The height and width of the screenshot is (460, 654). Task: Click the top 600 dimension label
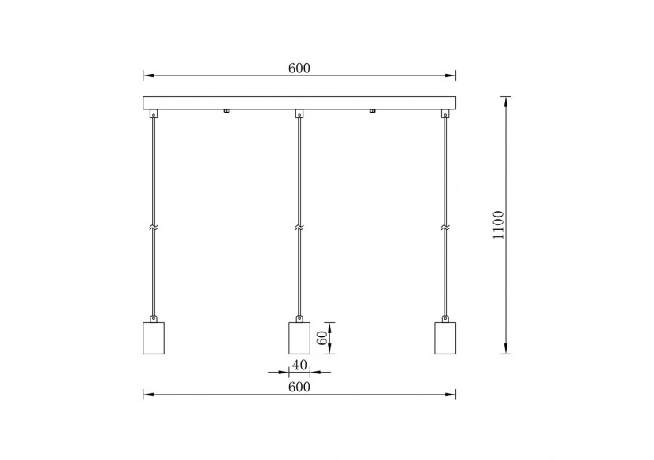pyautogui.click(x=299, y=68)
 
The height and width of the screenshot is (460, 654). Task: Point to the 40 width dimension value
pyautogui.click(x=299, y=365)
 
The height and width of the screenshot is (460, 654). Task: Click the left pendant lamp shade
pyautogui.click(x=154, y=338)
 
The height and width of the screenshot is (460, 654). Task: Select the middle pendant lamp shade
pyautogui.click(x=299, y=338)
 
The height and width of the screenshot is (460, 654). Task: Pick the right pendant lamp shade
pyautogui.click(x=445, y=338)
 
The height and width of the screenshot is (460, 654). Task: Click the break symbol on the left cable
pyautogui.click(x=154, y=228)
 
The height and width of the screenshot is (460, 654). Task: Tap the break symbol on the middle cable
pyautogui.click(x=299, y=228)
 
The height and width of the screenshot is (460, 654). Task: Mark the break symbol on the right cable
pyautogui.click(x=445, y=228)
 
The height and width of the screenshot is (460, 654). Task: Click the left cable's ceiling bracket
pyautogui.click(x=154, y=114)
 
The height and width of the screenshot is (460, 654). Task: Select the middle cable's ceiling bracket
pyautogui.click(x=299, y=114)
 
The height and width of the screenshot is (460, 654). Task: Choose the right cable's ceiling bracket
pyautogui.click(x=445, y=114)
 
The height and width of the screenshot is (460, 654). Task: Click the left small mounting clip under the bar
pyautogui.click(x=226, y=111)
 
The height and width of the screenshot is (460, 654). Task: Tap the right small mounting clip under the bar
pyautogui.click(x=372, y=111)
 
